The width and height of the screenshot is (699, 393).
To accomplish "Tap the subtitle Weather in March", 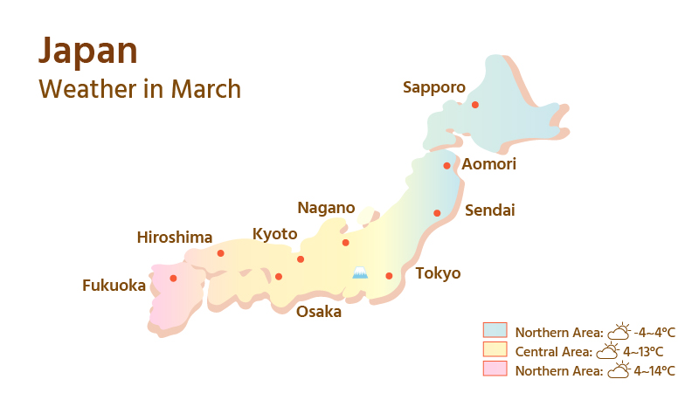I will [140, 89].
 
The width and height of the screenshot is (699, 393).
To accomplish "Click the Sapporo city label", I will [433, 86].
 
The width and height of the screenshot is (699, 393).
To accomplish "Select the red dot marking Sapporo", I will [475, 105].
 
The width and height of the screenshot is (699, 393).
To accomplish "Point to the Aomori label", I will [488, 164].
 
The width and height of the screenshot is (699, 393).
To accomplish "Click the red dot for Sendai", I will [437, 213].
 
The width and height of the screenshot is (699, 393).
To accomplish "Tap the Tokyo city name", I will [438, 273].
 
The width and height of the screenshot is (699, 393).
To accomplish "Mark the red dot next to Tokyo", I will [390, 276].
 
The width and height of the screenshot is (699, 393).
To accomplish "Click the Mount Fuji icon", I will [359, 273].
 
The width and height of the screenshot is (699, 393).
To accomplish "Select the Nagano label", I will [326, 208].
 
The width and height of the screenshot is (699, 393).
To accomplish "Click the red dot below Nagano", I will [345, 243].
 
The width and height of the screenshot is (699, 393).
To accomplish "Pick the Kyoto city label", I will [274, 234].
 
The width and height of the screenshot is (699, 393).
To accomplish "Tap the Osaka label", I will [318, 312].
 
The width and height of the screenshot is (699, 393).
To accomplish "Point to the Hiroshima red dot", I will [220, 253].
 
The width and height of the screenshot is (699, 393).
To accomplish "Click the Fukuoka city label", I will [114, 285].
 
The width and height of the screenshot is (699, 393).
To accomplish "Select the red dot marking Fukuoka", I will [173, 279].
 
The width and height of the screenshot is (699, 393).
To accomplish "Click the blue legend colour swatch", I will [495, 330].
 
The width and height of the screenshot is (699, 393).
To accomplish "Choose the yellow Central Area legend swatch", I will [495, 349].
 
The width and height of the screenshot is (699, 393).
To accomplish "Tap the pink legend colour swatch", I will [495, 369].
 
